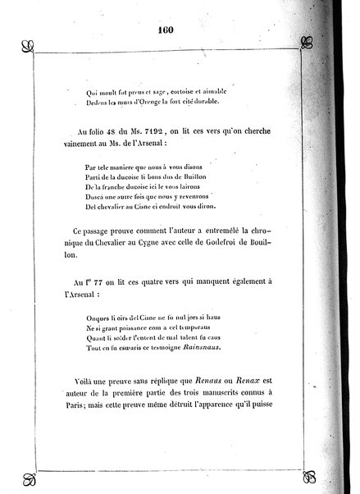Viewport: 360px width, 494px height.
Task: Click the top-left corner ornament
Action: [x=29, y=43]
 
